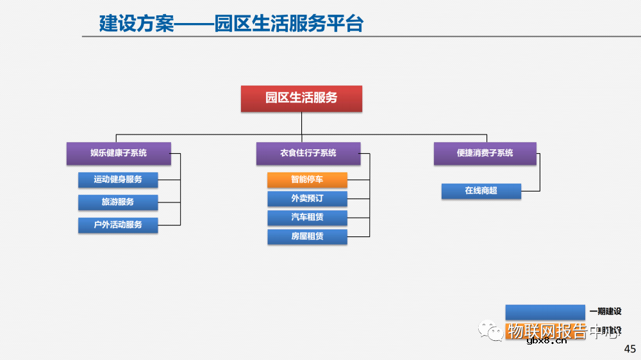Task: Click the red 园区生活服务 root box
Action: tap(301, 99)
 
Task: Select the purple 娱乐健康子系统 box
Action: tap(119, 153)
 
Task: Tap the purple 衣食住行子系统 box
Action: tap(308, 153)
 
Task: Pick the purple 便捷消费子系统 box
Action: tap(485, 153)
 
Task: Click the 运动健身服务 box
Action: tap(118, 179)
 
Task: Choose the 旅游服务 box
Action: tap(118, 202)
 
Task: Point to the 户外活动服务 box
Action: tap(118, 225)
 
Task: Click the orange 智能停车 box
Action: tap(307, 180)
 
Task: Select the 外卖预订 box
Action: tap(307, 199)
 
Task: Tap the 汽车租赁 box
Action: tap(307, 217)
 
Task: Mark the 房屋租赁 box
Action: tap(307, 236)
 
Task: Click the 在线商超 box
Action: tap(481, 191)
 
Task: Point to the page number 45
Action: tap(629, 349)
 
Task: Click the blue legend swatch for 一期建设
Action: tap(545, 311)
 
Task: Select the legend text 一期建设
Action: tap(605, 311)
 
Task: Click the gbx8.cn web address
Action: tap(546, 341)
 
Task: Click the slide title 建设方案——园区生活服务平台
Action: tap(231, 24)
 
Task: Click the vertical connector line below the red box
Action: tap(301, 123)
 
